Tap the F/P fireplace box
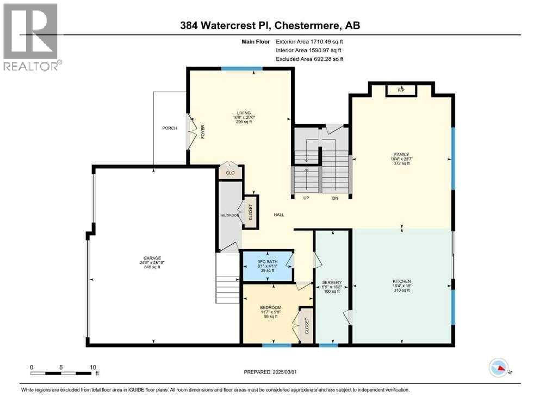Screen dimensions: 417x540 click(401, 90)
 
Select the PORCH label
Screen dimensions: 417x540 click(170, 128)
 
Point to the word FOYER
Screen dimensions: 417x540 click(203, 132)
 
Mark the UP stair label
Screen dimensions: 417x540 click(306, 198)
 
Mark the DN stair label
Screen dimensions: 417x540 click(335, 198)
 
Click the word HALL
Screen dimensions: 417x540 click(279, 215)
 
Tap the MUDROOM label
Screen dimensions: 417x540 click(230, 216)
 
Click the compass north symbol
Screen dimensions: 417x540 click(499, 368)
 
